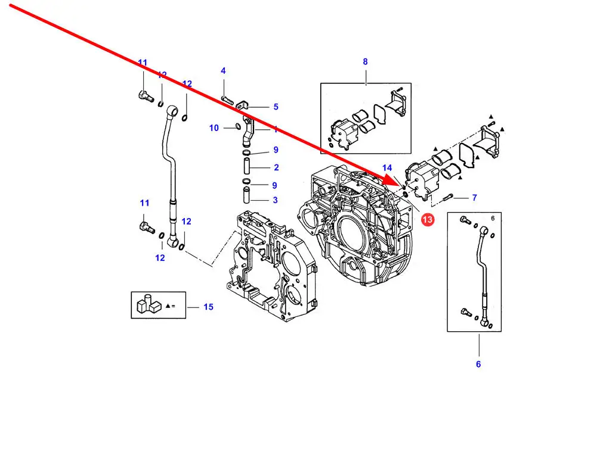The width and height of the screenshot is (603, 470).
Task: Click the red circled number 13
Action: (x=428, y=220)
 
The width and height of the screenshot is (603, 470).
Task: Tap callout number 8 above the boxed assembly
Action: (x=365, y=61)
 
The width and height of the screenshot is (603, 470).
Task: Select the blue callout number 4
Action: (x=223, y=71)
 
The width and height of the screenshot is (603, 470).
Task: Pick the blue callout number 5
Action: (x=276, y=107)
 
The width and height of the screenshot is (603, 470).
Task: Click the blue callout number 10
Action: (x=214, y=128)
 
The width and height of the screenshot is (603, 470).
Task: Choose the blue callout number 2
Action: (x=276, y=167)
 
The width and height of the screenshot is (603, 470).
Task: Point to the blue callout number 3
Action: (x=275, y=200)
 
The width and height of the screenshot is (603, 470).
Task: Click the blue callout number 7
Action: (x=474, y=198)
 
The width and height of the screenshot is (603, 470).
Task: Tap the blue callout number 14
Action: (x=387, y=168)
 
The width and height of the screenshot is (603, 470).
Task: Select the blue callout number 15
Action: (x=208, y=307)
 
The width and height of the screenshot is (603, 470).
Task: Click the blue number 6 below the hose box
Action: (x=478, y=364)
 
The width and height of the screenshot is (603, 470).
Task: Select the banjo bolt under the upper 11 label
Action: (x=144, y=95)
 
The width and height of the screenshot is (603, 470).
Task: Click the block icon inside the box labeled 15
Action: (x=147, y=304)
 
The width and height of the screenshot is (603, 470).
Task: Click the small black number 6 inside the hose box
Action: (x=493, y=219)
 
